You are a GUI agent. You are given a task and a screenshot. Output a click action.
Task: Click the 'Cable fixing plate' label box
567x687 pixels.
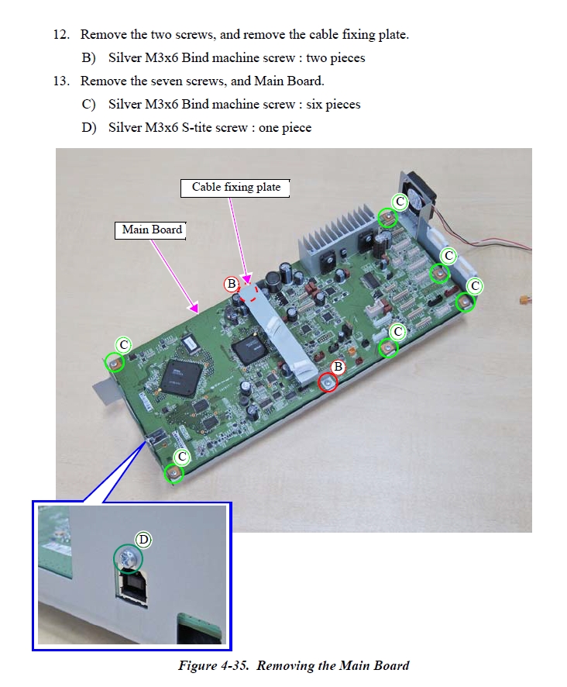(x=235, y=188)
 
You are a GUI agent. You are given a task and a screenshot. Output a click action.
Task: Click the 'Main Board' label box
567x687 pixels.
(x=152, y=230)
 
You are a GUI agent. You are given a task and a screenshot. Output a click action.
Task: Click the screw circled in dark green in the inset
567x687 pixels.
(x=128, y=558)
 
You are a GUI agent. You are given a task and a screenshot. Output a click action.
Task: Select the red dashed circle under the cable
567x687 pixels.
(x=248, y=291)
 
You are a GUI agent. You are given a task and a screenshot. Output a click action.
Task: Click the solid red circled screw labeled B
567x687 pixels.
(x=328, y=381)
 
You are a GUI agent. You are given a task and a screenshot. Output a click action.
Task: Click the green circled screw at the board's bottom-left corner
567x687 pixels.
(x=175, y=472)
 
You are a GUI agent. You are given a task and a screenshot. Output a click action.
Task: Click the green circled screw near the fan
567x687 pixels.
(x=387, y=218)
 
